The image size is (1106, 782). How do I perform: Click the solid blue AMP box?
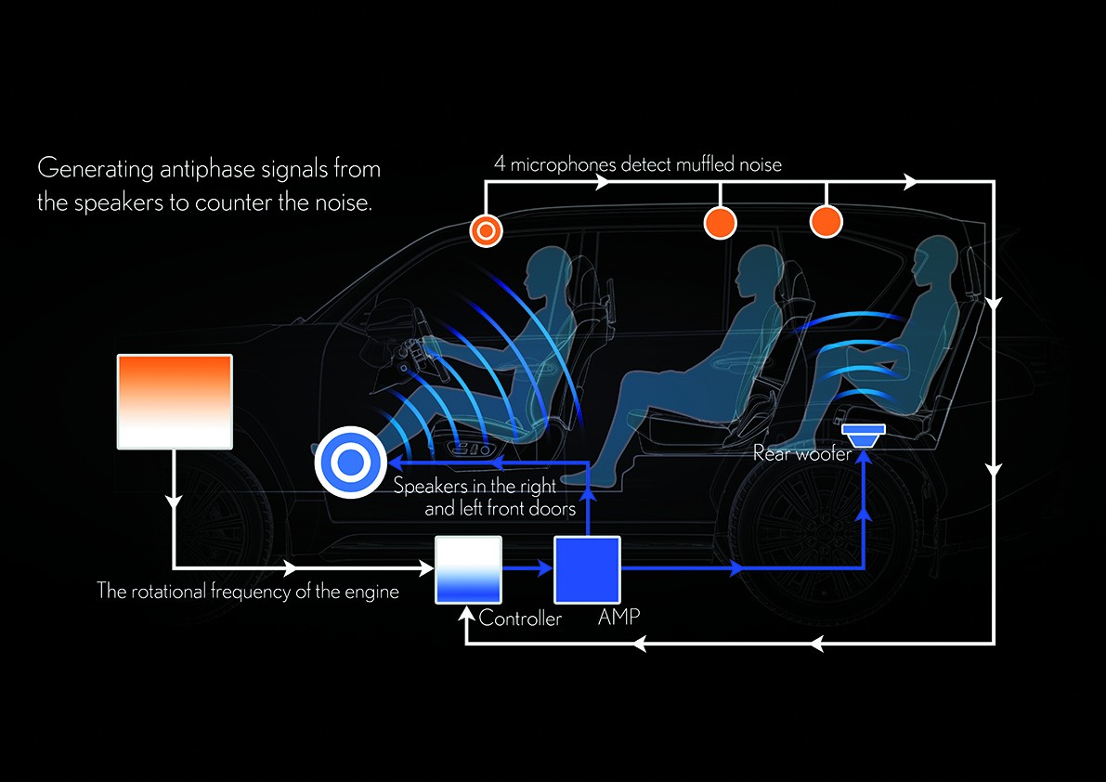point(587,569)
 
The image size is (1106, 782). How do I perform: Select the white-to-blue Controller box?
point(469,569)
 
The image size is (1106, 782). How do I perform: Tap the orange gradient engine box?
point(174,401)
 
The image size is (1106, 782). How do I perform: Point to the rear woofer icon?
point(864,432)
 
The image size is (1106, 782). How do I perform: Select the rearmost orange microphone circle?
point(826,221)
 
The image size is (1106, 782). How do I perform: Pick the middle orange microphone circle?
point(721,222)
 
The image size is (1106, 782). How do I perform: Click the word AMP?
point(619,616)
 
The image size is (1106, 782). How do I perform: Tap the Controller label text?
point(521,618)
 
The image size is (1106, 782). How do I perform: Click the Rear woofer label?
point(802,454)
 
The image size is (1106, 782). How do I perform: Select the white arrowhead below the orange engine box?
point(174,502)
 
